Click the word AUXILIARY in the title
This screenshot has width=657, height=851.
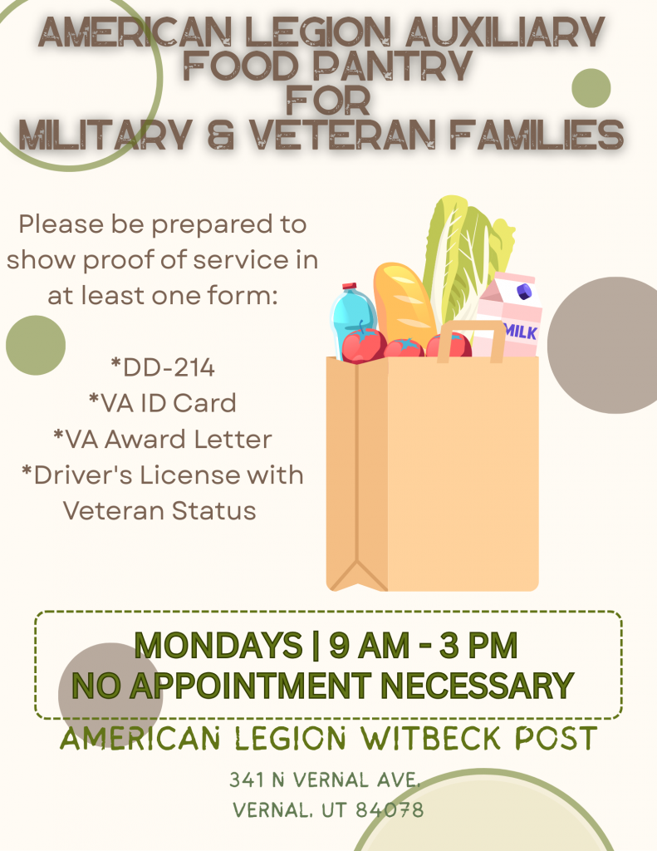(504, 32)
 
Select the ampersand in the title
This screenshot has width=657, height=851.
(221, 135)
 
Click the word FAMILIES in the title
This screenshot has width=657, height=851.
(537, 135)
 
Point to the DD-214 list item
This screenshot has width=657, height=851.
(163, 367)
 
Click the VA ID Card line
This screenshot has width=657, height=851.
(163, 403)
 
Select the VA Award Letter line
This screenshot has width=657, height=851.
(163, 439)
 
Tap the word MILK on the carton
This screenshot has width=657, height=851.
(520, 331)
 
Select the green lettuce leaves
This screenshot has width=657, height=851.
(467, 255)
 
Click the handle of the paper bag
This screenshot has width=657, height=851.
(471, 326)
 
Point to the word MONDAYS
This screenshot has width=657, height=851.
(218, 645)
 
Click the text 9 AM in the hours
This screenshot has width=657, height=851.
(369, 645)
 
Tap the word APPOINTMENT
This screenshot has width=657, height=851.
(251, 686)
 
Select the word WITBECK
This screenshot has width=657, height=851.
(431, 738)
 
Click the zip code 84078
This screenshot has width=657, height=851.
(390, 810)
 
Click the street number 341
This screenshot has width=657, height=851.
(247, 780)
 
